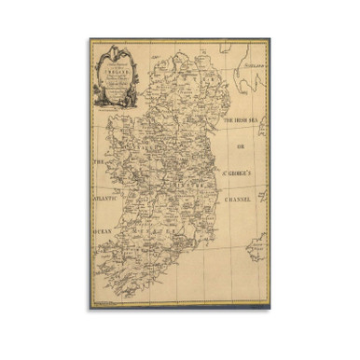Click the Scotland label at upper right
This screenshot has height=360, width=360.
[252, 69]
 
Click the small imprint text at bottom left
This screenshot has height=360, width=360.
[107, 301]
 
